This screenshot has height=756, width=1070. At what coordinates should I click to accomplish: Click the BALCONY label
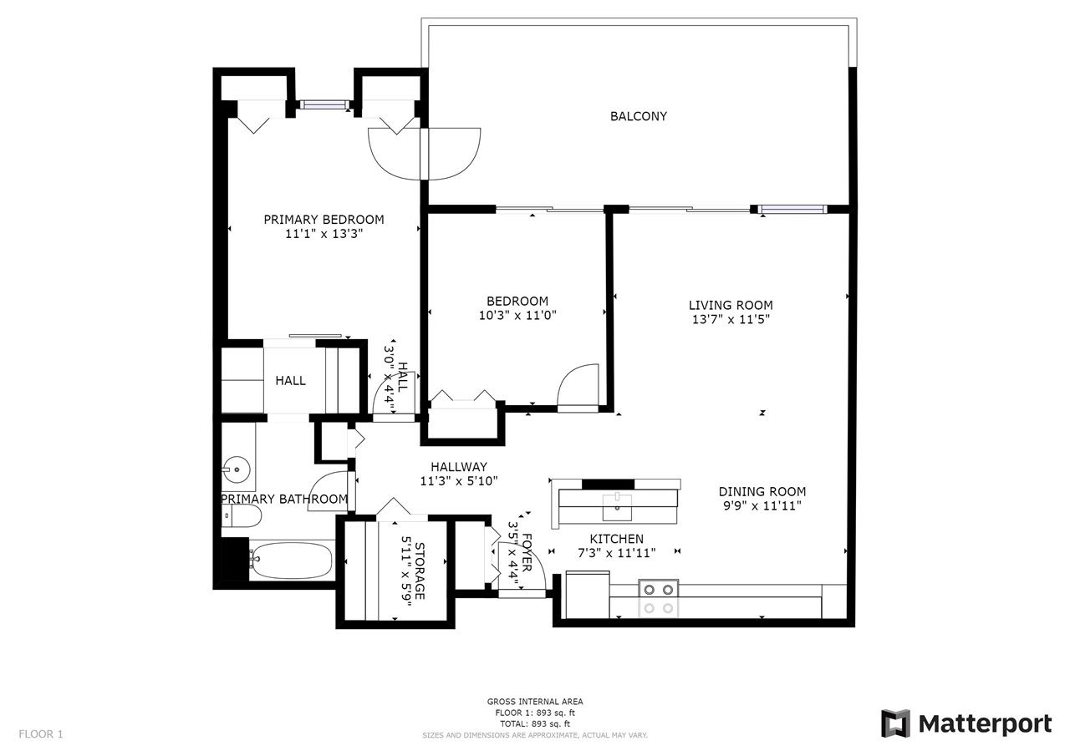tap(638, 116)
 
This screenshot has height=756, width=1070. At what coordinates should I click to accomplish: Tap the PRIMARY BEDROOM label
tap(324, 220)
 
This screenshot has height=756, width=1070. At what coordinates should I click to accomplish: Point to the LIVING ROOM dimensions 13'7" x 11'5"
tap(731, 319)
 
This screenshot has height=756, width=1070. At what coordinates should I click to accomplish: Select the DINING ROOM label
tap(762, 491)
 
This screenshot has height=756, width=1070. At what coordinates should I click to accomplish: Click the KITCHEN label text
tap(617, 539)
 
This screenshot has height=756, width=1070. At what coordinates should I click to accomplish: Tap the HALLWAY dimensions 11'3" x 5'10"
tap(459, 481)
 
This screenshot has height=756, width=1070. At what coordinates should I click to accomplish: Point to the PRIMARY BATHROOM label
tap(284, 499)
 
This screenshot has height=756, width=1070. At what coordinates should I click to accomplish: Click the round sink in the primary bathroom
tap(237, 469)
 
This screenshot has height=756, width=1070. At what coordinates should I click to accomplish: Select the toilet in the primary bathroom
tap(242, 516)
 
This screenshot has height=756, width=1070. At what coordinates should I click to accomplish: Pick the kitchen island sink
tap(617, 507)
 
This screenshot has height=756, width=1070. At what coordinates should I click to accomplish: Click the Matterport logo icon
tap(895, 723)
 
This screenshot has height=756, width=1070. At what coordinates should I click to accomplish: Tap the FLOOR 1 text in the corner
tap(41, 734)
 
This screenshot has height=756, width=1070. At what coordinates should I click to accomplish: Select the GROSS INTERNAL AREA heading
tap(535, 702)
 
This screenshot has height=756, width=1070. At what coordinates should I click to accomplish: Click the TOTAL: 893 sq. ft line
tap(535, 723)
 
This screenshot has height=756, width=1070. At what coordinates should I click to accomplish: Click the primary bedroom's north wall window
tap(325, 104)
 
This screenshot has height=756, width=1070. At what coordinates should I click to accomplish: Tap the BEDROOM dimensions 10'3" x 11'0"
tap(517, 316)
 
